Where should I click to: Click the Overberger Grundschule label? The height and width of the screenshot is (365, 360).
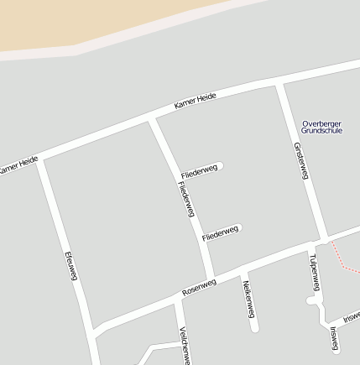tap(321, 128)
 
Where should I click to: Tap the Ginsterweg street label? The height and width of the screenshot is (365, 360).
tap(301, 160)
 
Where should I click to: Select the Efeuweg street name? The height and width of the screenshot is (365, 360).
tap(71, 266)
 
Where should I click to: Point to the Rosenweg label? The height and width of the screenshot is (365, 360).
tap(199, 287)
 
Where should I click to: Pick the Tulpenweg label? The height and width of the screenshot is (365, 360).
tap(314, 273)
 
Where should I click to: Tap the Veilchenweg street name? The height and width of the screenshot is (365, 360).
tap(185, 345)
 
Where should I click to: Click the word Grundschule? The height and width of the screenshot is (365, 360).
tap(321, 132)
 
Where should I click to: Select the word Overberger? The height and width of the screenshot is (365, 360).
tap(321, 123)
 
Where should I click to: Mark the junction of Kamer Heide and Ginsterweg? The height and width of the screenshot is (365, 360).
tap(280, 83)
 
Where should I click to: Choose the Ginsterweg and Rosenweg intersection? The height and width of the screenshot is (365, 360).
tap(323, 238)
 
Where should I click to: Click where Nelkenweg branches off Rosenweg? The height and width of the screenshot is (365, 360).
tap(243, 268)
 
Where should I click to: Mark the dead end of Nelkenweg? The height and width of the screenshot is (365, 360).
tap(253, 328)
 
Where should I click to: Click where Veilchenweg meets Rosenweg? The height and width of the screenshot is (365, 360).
tap(177, 298)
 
